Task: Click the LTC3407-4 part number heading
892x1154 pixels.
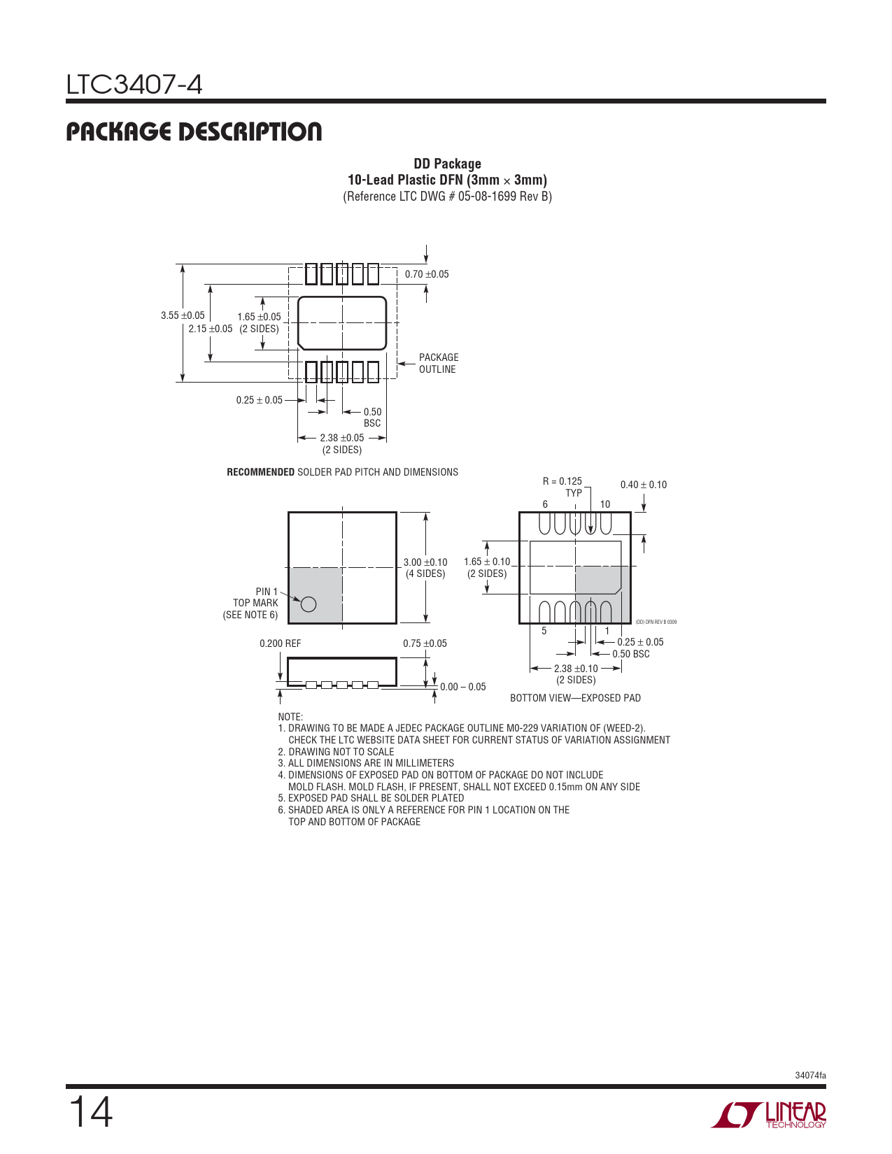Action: coord(134,85)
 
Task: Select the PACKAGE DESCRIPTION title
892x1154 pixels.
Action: coord(194,131)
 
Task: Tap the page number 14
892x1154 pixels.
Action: coord(90,1112)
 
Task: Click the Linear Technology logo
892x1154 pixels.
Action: coord(769,1115)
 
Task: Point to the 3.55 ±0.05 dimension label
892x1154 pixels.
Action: coord(183,315)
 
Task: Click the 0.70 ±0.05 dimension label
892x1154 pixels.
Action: coord(427,274)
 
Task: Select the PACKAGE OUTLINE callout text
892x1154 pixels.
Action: coord(439,363)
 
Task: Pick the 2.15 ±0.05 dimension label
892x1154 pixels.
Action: coord(210,329)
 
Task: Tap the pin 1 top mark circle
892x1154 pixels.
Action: coord(309,604)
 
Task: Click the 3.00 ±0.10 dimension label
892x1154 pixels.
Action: coord(425,562)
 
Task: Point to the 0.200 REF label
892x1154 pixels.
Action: coord(280,643)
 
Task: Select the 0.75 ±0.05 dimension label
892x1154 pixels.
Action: coord(425,643)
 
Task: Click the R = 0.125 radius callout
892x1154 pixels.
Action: coord(562,481)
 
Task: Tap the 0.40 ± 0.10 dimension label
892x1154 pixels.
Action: coord(644,485)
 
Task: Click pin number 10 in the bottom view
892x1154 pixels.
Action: coord(605,504)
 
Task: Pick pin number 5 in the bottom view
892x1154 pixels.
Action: coord(544,631)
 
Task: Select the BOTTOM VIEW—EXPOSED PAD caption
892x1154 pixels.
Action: coord(575,698)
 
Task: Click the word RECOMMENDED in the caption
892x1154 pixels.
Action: coord(260,472)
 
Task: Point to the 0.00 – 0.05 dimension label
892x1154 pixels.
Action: coord(463,687)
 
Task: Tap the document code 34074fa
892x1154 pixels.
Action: coord(810,1075)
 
